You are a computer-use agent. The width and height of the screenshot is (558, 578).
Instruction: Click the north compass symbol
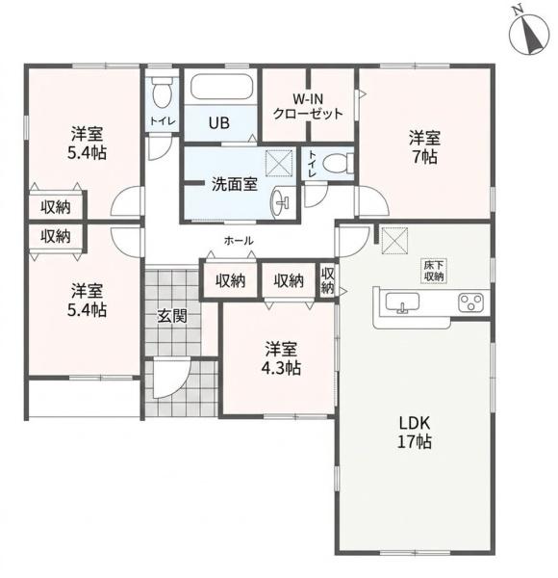coord(528,35)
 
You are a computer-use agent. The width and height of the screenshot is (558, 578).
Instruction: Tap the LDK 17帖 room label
coord(414,432)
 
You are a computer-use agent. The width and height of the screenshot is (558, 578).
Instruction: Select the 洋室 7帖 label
coord(424,147)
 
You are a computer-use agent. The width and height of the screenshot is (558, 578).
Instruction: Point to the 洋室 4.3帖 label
coord(281,358)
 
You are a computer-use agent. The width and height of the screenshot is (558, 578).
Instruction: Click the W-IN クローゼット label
coord(308,106)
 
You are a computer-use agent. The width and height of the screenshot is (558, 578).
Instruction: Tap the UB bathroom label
coord(219,122)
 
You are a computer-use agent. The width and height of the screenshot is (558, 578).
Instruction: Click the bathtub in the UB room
coord(222,87)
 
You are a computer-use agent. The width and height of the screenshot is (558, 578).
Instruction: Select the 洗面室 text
coord(234,184)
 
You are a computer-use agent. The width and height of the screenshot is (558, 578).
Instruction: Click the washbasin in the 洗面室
coord(281,202)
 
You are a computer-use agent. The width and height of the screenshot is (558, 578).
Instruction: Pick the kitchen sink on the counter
coord(402,302)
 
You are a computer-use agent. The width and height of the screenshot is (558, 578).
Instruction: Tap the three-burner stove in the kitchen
coord(470,302)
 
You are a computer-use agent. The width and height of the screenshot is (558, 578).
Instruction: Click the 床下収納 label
coord(434,271)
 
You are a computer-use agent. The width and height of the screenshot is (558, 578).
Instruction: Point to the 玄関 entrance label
coord(172,316)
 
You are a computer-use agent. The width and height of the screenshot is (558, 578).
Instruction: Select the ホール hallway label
coord(239,241)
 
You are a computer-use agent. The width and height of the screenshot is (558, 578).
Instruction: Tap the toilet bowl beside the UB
coord(162,92)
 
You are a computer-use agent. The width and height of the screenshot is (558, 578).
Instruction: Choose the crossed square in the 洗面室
coord(279,164)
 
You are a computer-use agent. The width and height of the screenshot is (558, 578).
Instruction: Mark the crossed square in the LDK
coord(394,241)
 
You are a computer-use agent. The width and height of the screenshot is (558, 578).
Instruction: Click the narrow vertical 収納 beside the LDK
coord(327,281)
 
